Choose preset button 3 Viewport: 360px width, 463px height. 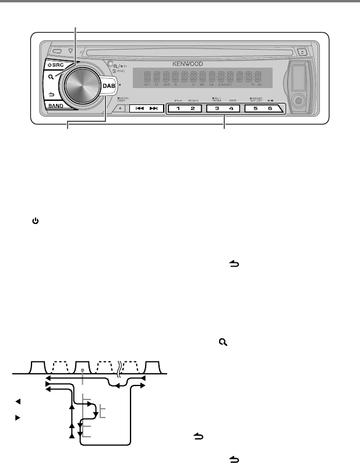point(217,108)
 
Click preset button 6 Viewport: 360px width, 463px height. point(270,108)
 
